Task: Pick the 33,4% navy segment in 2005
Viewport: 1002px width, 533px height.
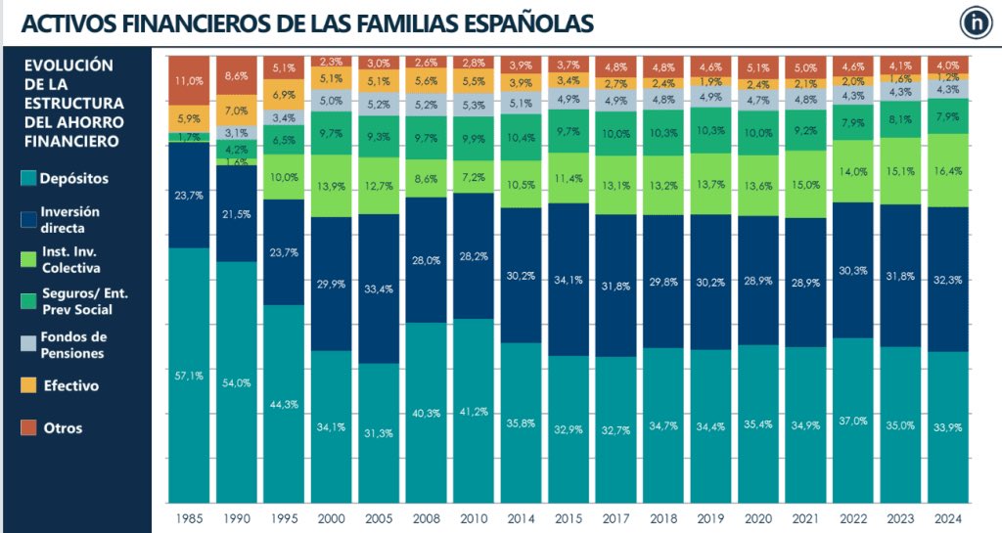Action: [379, 289]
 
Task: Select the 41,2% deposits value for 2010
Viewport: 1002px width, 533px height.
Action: [474, 412]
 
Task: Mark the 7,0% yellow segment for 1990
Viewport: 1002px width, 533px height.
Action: [235, 111]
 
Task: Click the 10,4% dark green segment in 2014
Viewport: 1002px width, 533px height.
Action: [521, 138]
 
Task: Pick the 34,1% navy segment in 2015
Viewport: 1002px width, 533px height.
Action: [569, 279]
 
